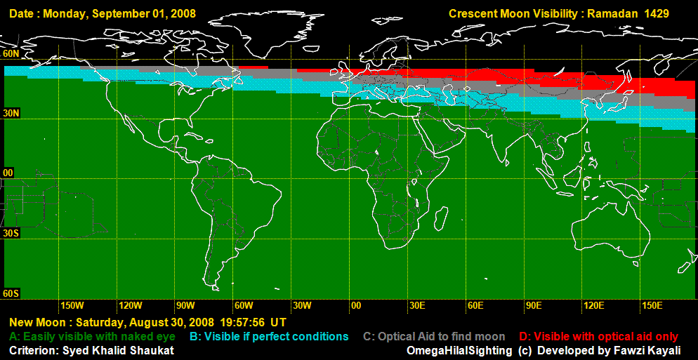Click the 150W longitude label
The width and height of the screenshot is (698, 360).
point(72,306)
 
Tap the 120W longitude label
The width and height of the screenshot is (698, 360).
point(131,306)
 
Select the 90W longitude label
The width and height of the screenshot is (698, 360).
point(185,306)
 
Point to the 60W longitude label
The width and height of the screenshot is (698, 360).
point(244,306)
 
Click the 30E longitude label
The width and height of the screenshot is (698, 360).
point(417,306)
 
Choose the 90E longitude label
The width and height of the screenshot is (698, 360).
point(533,306)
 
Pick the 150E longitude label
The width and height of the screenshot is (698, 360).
point(652,306)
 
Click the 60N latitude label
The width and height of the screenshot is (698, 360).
point(11,53)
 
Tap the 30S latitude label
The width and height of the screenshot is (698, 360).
point(11,232)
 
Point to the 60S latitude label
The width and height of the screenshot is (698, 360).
point(11,293)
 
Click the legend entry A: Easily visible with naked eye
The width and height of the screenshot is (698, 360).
point(92,337)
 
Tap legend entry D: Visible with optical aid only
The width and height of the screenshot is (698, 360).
point(599,337)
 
